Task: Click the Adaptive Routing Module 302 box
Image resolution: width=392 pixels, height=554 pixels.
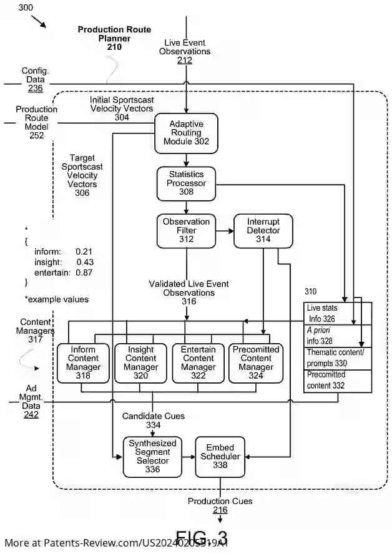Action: pyautogui.click(x=186, y=133)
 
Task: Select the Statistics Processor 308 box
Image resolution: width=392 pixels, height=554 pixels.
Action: pyautogui.click(x=186, y=183)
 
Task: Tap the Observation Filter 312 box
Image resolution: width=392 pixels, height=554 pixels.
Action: pyautogui.click(x=186, y=230)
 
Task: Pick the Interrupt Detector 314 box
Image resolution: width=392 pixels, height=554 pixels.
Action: pyautogui.click(x=263, y=230)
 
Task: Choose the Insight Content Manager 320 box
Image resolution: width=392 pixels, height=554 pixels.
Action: pyautogui.click(x=140, y=363)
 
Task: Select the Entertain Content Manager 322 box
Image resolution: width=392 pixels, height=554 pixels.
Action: pyautogui.click(x=198, y=363)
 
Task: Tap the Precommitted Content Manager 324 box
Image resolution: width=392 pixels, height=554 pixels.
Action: pyautogui.click(x=256, y=363)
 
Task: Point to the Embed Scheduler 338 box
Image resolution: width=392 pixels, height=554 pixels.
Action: pyautogui.click(x=220, y=456)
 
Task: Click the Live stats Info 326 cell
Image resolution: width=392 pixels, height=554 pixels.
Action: pyautogui.click(x=338, y=313)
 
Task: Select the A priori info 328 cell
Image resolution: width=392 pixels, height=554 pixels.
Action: pyautogui.click(x=338, y=336)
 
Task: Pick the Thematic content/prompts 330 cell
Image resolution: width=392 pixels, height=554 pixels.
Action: pyautogui.click(x=338, y=358)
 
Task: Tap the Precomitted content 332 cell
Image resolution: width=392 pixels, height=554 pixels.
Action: pyautogui.click(x=338, y=380)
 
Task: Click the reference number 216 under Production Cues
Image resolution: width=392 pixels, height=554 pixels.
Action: pyautogui.click(x=220, y=510)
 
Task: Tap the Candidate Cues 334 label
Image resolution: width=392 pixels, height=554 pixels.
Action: pyautogui.click(x=153, y=420)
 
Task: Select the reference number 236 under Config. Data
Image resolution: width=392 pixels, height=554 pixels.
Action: pyautogui.click(x=35, y=89)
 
